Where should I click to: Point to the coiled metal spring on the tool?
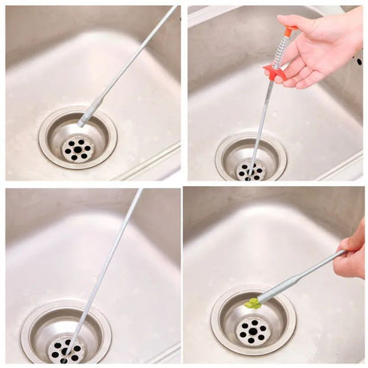pyautogui.click(x=282, y=51)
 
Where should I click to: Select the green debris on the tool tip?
pyautogui.click(x=253, y=303)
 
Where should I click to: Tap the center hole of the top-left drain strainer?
pyautogui.click(x=78, y=148)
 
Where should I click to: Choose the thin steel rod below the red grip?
pyautogui.click(x=261, y=120)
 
